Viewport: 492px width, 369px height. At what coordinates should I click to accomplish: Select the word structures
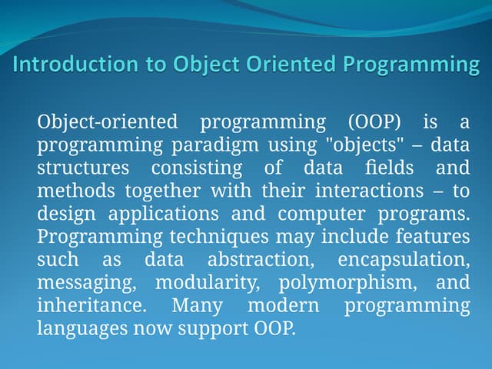point(83,167)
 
